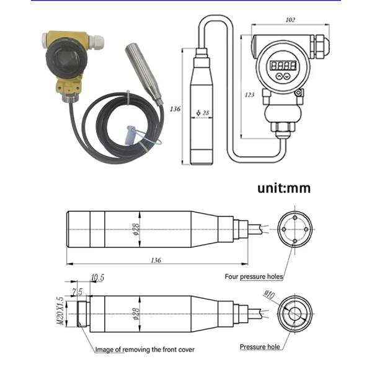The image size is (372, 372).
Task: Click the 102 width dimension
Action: point(290,19)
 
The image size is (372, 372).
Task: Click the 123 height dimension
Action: point(249,94)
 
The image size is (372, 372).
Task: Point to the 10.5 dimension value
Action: point(98,277)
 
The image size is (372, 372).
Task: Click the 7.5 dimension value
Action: point(76,291)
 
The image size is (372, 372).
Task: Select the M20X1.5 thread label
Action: point(60,312)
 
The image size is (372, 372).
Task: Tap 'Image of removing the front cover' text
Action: point(144,350)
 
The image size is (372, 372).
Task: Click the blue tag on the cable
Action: point(130,135)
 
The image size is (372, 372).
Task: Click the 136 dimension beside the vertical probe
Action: point(174,109)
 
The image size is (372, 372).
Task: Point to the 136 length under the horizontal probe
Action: point(154,261)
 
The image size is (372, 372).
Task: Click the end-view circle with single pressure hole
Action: point(294,314)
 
